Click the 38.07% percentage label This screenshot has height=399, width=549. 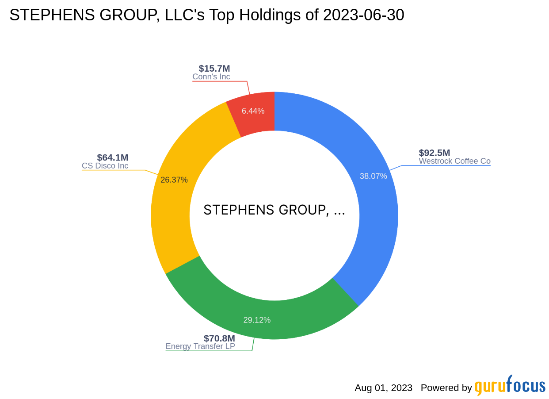coord(373,176)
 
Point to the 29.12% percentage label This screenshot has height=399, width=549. coord(257,320)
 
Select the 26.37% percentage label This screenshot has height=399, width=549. coord(174,180)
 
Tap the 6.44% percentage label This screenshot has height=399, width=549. coord(253,111)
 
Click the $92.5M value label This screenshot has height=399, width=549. coord(435,153)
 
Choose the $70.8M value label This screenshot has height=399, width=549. coord(219,338)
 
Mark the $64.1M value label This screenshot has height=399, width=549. coord(113,157)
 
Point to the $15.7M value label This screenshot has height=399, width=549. coord(214,69)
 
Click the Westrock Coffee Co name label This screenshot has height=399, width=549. coord(454,161)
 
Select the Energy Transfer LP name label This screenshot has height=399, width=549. coord(200,346)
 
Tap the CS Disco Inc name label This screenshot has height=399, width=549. coord(105,166)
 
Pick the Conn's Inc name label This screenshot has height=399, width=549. coord(211,77)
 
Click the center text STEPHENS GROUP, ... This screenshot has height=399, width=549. coord(274,210)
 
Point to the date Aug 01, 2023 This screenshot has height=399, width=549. coord(383,388)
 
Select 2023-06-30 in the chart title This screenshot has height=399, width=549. coord(363,15)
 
